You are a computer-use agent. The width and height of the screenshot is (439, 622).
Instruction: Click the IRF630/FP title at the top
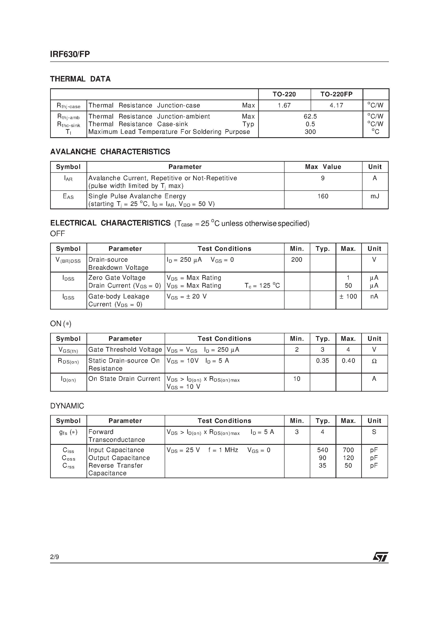coord(70,54)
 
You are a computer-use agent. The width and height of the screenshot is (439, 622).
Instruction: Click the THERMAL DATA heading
coord(80,79)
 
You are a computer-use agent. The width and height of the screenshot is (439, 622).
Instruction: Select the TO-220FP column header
coord(336,94)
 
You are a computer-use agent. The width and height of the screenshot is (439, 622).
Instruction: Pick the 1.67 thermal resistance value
coord(284,105)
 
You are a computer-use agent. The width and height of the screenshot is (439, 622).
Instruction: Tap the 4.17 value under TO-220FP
coord(336,105)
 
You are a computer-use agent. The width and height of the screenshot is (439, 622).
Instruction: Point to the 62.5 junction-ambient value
coord(310,117)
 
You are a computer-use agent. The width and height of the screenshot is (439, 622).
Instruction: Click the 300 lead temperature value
coord(310,132)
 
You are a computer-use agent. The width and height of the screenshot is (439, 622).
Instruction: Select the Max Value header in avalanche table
coord(323,167)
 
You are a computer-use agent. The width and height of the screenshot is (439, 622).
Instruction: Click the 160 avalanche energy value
coord(323,196)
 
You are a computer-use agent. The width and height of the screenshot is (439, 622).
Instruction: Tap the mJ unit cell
coord(375,196)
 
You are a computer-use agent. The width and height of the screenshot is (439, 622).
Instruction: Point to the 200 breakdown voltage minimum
coord(297,260)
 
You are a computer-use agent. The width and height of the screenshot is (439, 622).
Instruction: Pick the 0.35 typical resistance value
coord(322,361)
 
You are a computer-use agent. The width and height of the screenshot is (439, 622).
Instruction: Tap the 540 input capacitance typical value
coord(322,450)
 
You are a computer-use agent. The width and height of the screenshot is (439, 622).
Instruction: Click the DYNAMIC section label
coord(67,406)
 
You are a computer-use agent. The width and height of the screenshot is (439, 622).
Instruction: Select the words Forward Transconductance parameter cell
coord(116,436)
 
